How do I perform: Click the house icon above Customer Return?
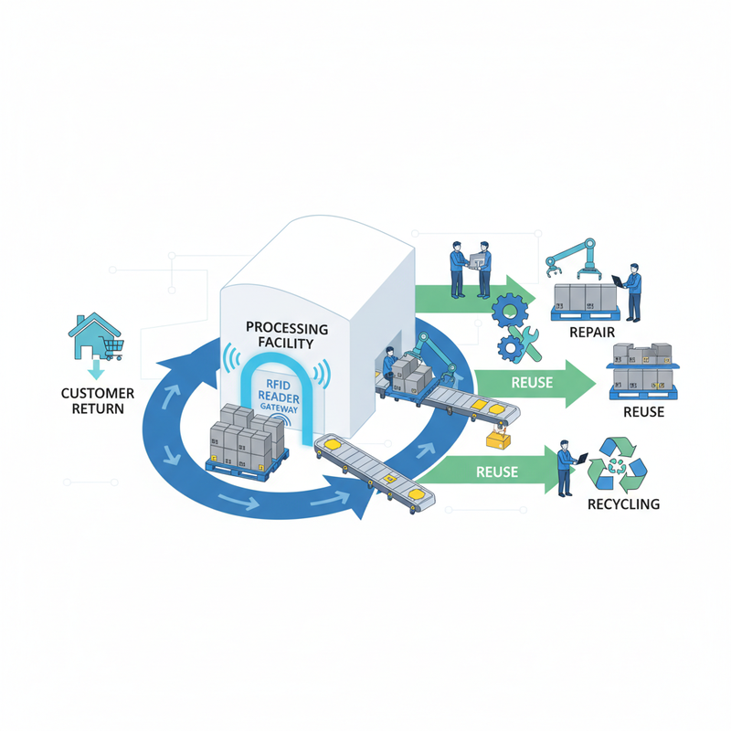click(94, 334)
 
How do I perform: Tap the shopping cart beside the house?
click(113, 349)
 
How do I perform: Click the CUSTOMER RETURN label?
click(98, 401)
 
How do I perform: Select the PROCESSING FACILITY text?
click(287, 335)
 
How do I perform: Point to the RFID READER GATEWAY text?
click(279, 397)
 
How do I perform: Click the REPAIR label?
click(592, 332)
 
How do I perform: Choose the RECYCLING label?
click(623, 504)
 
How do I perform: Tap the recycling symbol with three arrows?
click(618, 464)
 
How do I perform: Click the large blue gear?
click(510, 310)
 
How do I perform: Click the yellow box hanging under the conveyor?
click(498, 440)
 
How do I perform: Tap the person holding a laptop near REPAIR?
click(630, 292)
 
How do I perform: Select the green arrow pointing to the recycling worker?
click(489, 470)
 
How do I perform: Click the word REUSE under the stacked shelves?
click(644, 412)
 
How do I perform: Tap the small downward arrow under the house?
click(96, 369)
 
